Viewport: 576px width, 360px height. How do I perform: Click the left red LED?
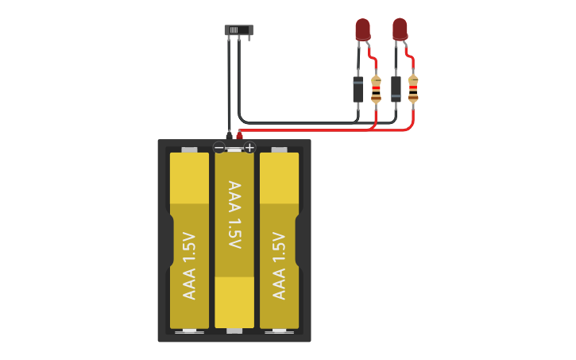point(362,29)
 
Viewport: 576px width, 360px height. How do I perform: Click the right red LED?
point(400,29)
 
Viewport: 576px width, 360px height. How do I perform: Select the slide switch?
point(238,30)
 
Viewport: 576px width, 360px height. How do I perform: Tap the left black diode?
point(358,88)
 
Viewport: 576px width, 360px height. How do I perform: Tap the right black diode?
point(396,87)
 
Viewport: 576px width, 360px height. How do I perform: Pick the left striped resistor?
point(376,89)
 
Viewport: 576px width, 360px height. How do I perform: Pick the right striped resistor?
point(413,88)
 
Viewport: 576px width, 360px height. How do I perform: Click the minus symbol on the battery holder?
point(219,147)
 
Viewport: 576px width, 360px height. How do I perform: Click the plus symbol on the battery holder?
point(249,147)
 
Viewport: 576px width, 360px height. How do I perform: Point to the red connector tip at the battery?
point(239,136)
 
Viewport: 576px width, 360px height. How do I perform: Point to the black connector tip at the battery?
point(229,136)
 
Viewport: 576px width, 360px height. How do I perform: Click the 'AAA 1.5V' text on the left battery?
point(189,265)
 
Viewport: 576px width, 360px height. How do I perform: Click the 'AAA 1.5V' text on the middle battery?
point(234,215)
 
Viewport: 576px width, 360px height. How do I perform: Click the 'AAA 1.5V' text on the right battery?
point(279,265)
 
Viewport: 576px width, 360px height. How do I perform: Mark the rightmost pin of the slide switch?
point(249,38)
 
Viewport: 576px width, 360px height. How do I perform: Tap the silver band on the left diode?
point(358,82)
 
